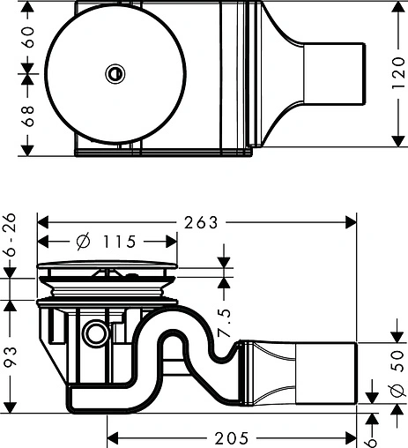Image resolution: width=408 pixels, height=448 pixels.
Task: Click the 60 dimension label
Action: pyautogui.click(x=11, y=38)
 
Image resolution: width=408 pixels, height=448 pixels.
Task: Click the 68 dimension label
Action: pyautogui.click(x=11, y=112)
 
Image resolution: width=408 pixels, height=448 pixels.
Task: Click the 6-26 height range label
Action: pyautogui.click(x=10, y=241)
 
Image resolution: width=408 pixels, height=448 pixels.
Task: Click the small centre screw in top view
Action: pyautogui.click(x=113, y=74)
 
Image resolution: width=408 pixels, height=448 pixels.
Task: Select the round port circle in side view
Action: pyautogui.click(x=95, y=333)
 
